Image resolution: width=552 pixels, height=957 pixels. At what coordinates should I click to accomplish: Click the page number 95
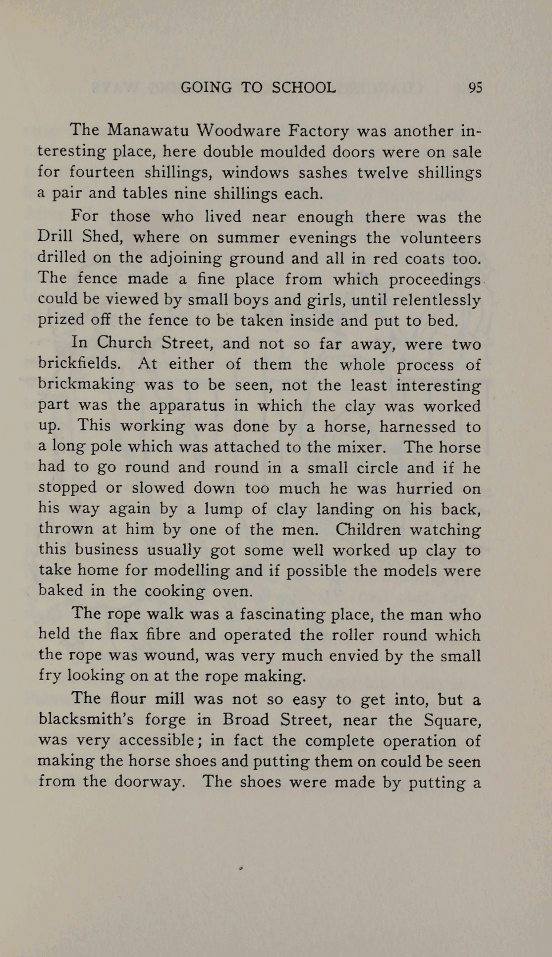coord(475,88)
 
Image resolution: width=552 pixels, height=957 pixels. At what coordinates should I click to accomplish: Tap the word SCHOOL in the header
coord(304,88)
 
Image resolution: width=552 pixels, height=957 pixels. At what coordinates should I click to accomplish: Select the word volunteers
coord(440,238)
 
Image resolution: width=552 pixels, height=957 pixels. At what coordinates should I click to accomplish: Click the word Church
coord(124,343)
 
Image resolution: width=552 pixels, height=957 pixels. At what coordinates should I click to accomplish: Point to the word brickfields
coord(79,364)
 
